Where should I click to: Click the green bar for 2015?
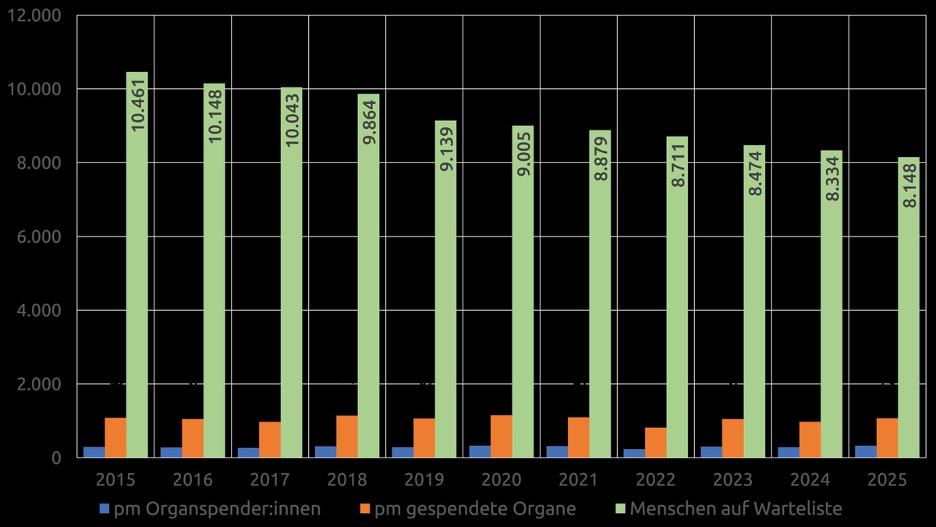137,265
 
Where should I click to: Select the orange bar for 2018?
347,437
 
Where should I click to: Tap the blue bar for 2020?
480,452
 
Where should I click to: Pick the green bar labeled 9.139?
446,289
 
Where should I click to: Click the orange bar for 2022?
656,443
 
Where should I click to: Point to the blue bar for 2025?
866,452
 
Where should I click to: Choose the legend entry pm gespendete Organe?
475,509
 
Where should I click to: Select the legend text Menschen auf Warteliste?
736,509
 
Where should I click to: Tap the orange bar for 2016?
193,439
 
